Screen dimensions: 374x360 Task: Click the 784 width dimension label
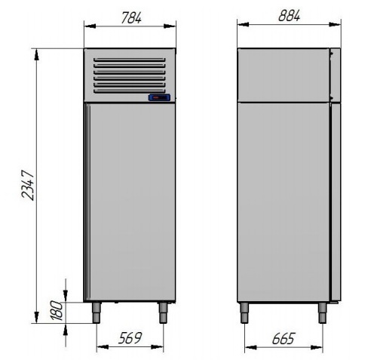131,18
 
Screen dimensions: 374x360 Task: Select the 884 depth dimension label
289,16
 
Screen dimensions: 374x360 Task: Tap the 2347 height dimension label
28,185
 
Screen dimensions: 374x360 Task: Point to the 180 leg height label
57,310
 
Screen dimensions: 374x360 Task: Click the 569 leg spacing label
130,338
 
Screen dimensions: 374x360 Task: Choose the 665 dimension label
284,339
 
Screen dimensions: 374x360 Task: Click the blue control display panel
159,97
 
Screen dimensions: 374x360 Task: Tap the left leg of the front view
97,312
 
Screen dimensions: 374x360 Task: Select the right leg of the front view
163,312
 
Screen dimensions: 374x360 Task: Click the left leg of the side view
244,312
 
